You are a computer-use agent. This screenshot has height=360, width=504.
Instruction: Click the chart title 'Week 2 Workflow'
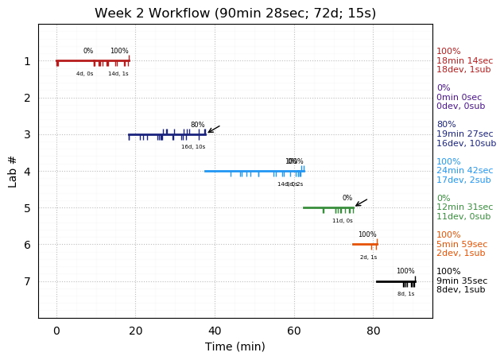(235, 14)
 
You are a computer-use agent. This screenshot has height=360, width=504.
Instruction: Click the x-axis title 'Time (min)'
(235, 346)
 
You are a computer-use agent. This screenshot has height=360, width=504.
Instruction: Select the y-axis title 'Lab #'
(13, 171)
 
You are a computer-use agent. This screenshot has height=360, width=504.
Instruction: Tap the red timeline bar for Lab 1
(92, 60)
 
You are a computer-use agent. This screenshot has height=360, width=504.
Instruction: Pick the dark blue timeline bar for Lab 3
(167, 134)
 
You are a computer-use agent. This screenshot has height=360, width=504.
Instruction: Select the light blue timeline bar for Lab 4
(254, 171)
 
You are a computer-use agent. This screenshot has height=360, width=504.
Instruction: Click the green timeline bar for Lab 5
(328, 207)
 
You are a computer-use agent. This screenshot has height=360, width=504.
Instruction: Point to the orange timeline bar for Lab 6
(365, 244)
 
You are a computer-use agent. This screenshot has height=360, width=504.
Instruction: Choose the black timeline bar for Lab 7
(395, 281)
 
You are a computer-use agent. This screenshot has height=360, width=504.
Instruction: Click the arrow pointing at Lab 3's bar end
(213, 129)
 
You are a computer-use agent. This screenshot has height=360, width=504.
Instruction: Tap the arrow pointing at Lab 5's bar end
(361, 203)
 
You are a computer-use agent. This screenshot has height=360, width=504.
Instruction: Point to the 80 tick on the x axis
(374, 319)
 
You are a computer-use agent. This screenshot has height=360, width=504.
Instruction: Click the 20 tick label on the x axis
(135, 330)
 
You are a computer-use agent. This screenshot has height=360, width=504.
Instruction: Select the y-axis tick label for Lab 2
(27, 98)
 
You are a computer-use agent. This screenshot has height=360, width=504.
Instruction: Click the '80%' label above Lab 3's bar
(197, 125)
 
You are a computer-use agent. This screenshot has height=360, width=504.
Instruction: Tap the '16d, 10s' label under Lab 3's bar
(193, 147)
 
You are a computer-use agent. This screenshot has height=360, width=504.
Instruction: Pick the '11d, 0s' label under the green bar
(343, 220)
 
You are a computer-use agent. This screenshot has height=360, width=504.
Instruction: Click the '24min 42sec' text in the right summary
(464, 171)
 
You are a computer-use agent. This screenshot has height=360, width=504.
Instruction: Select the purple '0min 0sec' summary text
(459, 98)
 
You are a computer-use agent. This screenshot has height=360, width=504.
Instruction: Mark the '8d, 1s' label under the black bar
(405, 294)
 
